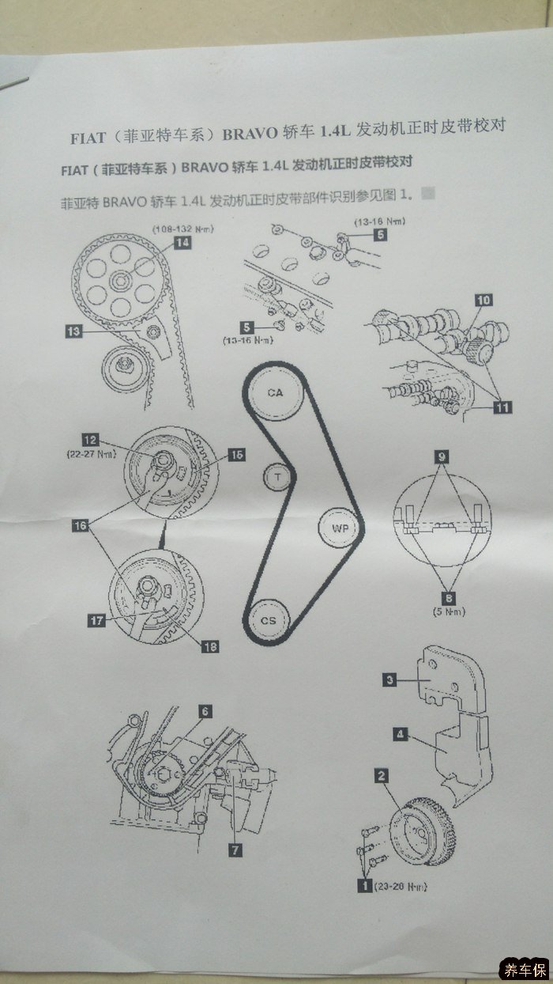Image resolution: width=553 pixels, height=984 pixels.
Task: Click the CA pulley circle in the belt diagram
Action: (274, 392)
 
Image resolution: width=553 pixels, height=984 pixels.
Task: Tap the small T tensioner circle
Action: (276, 477)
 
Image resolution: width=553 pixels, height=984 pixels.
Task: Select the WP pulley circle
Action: (340, 528)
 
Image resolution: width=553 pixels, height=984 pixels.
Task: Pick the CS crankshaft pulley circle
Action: (268, 620)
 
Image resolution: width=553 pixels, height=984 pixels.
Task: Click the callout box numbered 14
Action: (182, 243)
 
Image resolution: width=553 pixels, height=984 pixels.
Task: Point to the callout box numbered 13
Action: (73, 333)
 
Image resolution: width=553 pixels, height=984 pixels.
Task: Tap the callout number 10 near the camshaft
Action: (483, 301)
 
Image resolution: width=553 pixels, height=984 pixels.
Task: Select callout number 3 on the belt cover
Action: (389, 679)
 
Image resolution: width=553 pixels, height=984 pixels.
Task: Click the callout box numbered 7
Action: (235, 850)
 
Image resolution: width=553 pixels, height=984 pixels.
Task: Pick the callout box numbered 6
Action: (205, 711)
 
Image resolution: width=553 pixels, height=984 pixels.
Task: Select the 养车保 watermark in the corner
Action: (524, 970)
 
